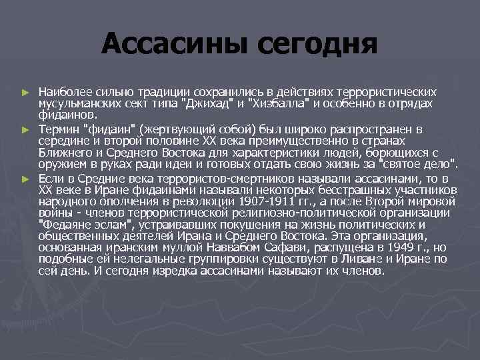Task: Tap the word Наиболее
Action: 63,91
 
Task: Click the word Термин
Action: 58,127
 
